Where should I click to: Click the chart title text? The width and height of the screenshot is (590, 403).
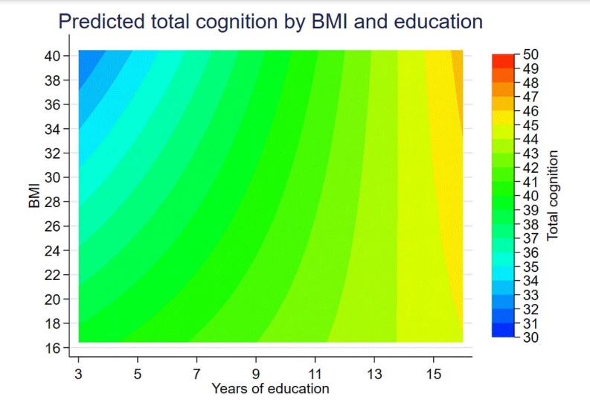click(271, 22)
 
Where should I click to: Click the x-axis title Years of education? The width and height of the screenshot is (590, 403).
click(270, 388)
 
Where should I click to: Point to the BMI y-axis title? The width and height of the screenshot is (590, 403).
click(35, 199)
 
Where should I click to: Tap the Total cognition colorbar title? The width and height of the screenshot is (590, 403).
click(552, 195)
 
